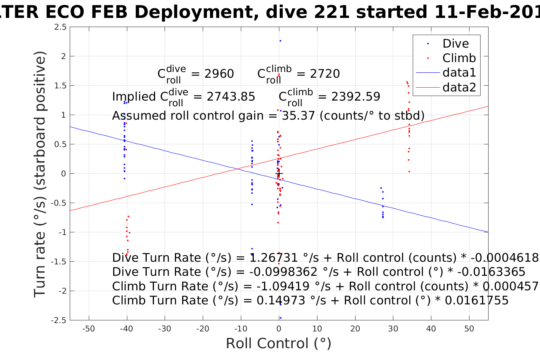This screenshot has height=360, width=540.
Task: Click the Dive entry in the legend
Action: point(455,44)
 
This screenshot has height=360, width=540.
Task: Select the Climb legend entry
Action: point(459,58)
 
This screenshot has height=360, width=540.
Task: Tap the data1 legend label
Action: point(459,73)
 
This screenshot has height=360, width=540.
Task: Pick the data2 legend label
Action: point(459,88)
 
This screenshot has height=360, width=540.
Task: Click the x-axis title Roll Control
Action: point(279,344)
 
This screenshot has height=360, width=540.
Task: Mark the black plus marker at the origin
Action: point(279,174)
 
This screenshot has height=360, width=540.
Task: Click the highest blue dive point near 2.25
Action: point(280,41)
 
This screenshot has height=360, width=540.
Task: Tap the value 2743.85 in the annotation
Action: point(231,97)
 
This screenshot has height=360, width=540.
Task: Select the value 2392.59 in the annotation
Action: point(356,97)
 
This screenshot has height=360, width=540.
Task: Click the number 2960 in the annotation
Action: point(219,74)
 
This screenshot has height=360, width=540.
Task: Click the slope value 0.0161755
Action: point(476,301)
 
